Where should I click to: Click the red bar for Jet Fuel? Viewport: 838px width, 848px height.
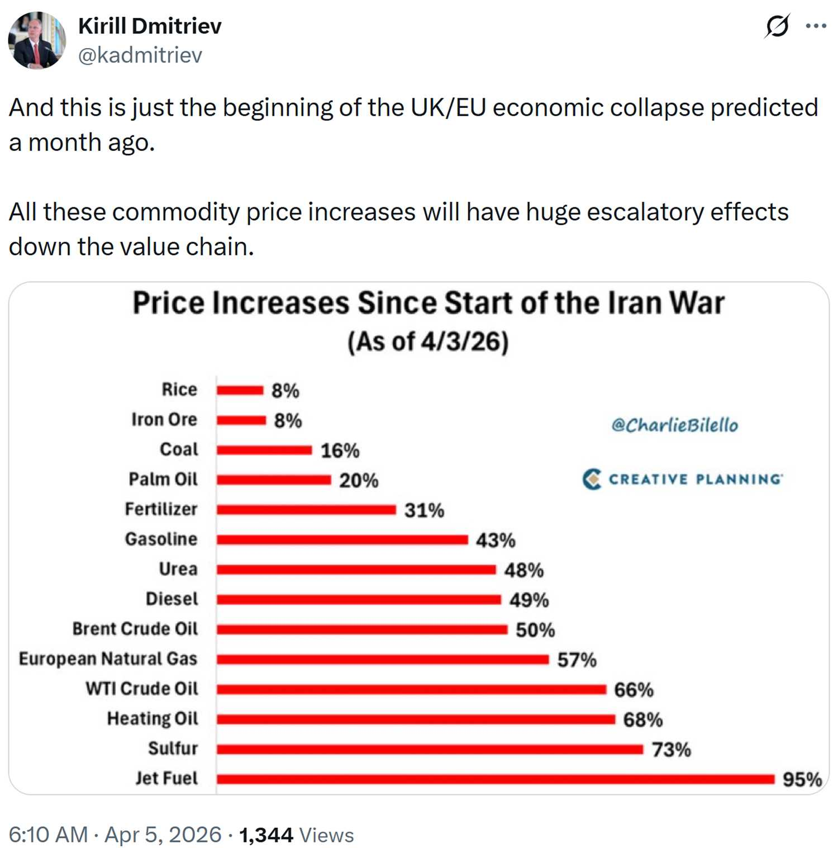(495, 779)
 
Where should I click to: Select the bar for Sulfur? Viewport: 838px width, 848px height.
(430, 749)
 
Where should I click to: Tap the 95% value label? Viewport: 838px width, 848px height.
(802, 779)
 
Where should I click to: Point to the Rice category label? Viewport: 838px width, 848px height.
(179, 390)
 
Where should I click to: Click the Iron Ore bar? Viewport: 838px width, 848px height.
(241, 420)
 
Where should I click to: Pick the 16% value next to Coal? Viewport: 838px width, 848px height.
(340, 451)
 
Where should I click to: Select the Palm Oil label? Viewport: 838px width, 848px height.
(163, 479)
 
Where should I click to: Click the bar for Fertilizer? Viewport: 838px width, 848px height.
(306, 509)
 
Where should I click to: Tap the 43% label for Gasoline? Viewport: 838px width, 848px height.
(496, 540)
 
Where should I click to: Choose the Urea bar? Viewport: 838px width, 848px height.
(356, 570)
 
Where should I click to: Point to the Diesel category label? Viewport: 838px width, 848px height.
(172, 599)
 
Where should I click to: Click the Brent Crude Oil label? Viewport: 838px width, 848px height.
(135, 629)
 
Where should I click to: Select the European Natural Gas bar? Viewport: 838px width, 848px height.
(383, 660)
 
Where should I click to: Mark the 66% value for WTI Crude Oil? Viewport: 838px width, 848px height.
(634, 690)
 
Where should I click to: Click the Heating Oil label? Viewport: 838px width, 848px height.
(153, 718)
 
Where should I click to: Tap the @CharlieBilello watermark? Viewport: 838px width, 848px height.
(674, 425)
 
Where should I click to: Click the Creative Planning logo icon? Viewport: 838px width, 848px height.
(592, 479)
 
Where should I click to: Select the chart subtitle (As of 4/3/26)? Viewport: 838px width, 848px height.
(428, 342)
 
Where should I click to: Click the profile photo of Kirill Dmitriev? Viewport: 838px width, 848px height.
(37, 40)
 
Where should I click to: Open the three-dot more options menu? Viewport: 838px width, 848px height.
(816, 26)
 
